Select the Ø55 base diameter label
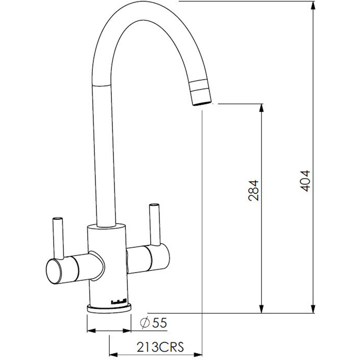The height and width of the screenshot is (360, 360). [154, 323]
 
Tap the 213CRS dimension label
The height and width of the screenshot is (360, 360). [160, 347]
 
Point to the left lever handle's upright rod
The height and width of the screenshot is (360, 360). [58, 238]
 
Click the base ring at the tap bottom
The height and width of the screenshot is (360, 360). [109, 308]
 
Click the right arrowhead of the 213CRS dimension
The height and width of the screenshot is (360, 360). [198, 353]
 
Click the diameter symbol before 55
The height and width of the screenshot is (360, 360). [144, 323]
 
